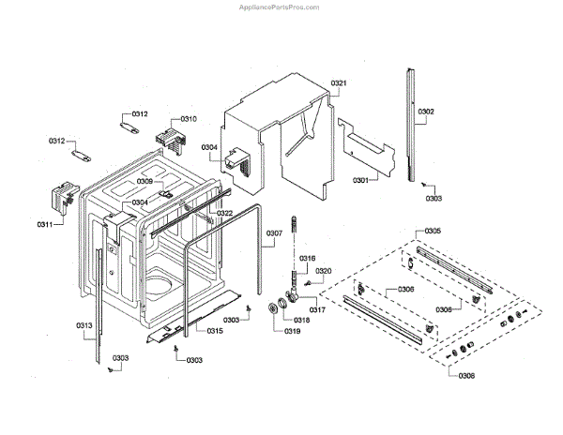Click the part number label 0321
(x=340, y=84)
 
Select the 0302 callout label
(x=426, y=112)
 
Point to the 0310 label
(x=189, y=119)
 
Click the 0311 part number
(x=43, y=224)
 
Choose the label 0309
(x=145, y=181)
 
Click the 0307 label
(x=274, y=233)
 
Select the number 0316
(x=307, y=258)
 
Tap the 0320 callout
(x=324, y=271)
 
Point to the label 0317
(x=318, y=310)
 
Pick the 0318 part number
(x=302, y=320)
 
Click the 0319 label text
(x=290, y=333)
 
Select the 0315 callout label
(x=215, y=331)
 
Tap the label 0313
(x=84, y=326)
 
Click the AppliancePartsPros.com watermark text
(x=509, y=6)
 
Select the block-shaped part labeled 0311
(x=62, y=199)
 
